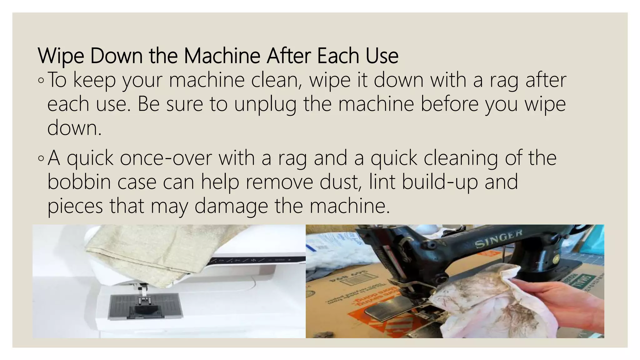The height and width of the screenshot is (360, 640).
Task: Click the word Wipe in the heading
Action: tap(61, 56)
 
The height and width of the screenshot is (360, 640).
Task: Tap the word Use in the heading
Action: tap(382, 56)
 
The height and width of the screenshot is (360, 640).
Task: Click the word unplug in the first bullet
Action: tap(265, 104)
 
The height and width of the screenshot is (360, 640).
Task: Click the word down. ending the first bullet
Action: tap(74, 128)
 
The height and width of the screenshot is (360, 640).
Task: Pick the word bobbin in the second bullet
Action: tap(79, 182)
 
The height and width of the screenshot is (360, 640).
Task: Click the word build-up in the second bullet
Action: tap(440, 182)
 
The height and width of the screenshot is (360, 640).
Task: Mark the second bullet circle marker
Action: tap(41, 158)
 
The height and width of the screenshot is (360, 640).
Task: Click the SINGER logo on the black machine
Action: tap(498, 239)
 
